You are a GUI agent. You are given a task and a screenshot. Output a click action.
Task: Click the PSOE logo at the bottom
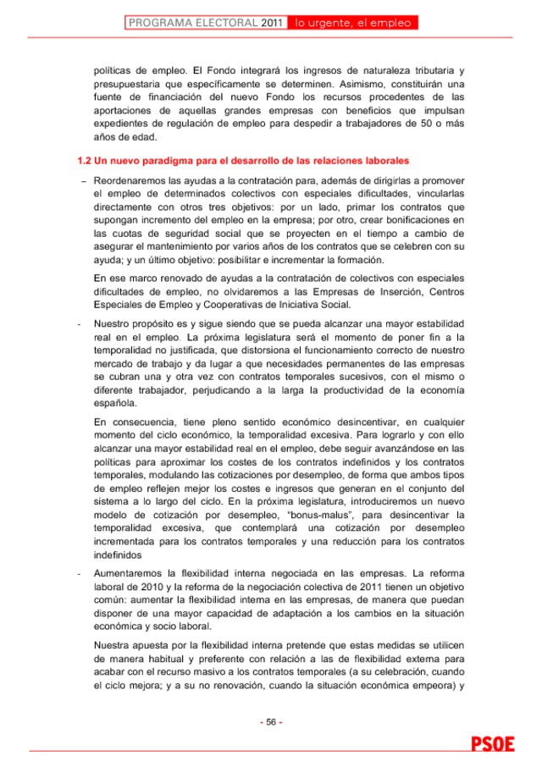[x=493, y=745]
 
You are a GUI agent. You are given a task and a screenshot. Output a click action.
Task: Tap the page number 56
[x=271, y=721]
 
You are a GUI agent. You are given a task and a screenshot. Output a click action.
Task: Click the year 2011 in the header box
[x=271, y=23]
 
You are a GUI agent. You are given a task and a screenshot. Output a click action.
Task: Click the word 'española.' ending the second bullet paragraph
[x=114, y=404]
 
